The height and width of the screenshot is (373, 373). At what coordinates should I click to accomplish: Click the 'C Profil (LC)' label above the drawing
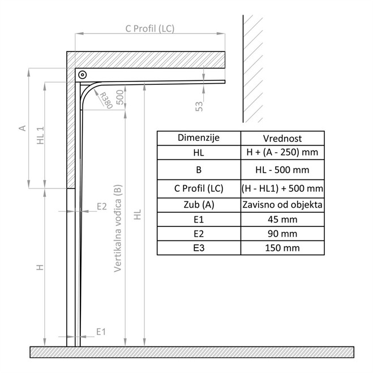(x=150, y=28)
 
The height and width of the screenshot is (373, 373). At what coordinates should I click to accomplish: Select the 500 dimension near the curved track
(x=120, y=97)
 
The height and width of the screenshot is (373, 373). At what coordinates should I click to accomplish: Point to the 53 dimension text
(x=199, y=106)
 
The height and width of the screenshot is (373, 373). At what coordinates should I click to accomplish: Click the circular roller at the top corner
(x=83, y=75)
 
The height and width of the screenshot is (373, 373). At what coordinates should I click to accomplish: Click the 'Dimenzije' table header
(x=199, y=138)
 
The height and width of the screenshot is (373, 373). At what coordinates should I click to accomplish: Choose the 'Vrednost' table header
(x=282, y=138)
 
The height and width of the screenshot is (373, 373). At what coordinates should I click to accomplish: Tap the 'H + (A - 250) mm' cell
(x=282, y=153)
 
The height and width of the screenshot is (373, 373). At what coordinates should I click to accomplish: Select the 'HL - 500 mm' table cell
(x=282, y=169)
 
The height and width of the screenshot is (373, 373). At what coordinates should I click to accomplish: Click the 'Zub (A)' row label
(x=199, y=204)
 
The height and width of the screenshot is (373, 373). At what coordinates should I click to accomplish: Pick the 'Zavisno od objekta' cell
(x=282, y=204)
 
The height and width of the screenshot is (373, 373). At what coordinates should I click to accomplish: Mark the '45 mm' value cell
(x=282, y=219)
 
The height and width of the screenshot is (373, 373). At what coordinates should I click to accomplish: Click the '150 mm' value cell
(x=282, y=247)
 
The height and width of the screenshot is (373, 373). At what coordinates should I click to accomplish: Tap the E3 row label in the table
(x=199, y=247)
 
